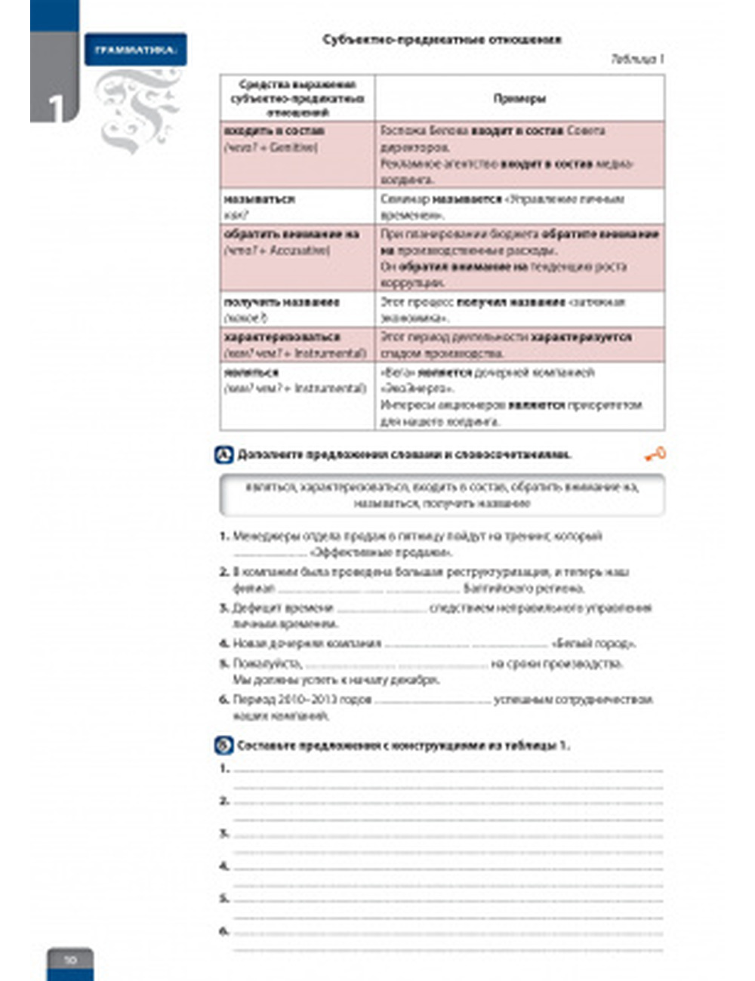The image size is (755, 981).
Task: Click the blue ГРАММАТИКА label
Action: click(135, 50)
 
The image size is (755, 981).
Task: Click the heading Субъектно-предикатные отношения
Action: click(442, 39)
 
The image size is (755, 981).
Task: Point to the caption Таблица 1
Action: click(637, 59)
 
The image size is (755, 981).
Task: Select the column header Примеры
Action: click(519, 98)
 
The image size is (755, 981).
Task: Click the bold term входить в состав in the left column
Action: click(274, 131)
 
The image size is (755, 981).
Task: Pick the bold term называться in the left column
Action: click(259, 199)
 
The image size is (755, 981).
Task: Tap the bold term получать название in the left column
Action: click(281, 302)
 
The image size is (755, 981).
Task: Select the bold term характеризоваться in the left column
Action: click(282, 337)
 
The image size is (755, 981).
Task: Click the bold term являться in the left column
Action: click(251, 372)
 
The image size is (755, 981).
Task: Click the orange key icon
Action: click(655, 454)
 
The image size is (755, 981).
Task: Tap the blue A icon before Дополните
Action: click(224, 454)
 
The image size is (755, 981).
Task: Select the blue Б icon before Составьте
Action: click(224, 746)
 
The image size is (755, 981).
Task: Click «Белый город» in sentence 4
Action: click(594, 644)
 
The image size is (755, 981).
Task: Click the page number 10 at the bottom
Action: click(69, 961)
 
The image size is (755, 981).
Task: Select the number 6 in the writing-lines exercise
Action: click(223, 931)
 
